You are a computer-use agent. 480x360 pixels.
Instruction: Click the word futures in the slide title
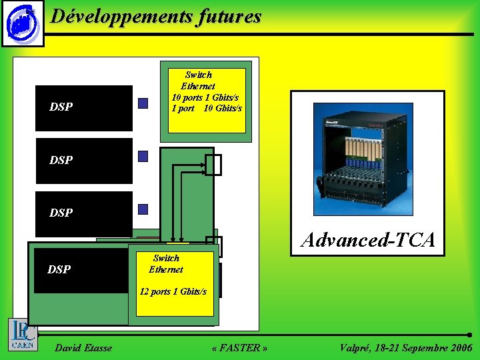point(229,17)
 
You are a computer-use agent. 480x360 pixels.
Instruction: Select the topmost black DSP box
point(84,107)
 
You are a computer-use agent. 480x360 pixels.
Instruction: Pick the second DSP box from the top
point(84,161)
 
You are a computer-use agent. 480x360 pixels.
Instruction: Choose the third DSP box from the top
point(84,213)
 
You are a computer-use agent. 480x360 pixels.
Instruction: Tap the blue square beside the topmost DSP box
point(143,103)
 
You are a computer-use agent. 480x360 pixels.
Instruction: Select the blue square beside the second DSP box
point(143,156)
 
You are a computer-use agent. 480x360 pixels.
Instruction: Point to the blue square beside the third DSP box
point(143,209)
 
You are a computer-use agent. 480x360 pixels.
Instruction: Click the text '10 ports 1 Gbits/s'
point(205,98)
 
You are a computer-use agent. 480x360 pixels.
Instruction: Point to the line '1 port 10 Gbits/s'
point(207,108)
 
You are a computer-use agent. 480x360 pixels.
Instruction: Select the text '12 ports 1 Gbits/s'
point(173,291)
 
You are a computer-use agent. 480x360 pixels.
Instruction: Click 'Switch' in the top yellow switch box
point(199,75)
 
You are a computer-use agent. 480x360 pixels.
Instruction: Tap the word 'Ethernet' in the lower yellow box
point(166,269)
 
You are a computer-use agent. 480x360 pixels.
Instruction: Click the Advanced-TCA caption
point(368,240)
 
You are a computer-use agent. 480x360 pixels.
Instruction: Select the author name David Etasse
point(83,348)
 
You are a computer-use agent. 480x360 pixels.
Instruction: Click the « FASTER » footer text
point(239,348)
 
